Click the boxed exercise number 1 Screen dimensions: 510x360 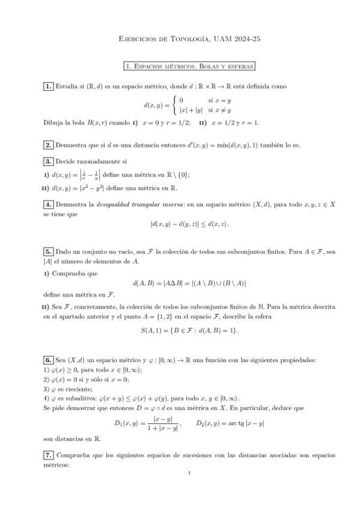coord(48,87)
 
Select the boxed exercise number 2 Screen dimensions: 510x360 coord(48,145)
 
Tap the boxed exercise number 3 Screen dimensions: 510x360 coord(48,162)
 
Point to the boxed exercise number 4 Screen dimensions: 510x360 coord(48,204)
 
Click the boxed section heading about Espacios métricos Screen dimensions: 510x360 coord(188,66)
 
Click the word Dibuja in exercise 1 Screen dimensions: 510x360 coord(53,123)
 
